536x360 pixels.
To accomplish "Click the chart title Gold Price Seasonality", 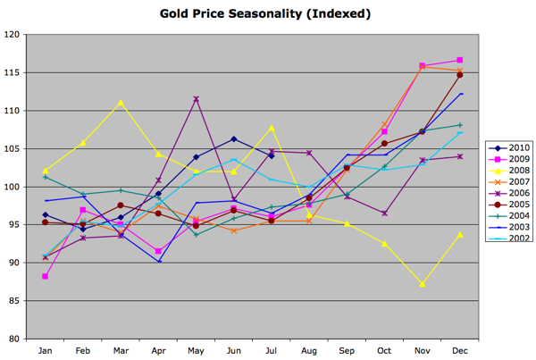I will (x=265, y=14).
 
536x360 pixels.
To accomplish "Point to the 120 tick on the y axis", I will (x=13, y=35).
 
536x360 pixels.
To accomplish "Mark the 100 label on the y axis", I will (x=13, y=187).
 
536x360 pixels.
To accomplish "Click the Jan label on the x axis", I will (x=45, y=351).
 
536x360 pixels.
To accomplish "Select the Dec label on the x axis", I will (x=460, y=351).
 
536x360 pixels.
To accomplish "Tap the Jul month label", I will (x=272, y=351).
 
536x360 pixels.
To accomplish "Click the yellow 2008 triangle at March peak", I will (x=121, y=103).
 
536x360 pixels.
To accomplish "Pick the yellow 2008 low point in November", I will (x=422, y=284).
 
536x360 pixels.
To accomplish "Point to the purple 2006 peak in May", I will (x=196, y=99).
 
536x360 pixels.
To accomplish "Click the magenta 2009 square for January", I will (x=46, y=276).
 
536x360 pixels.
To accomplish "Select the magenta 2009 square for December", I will (x=460, y=60).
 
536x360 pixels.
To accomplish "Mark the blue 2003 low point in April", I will (x=158, y=261).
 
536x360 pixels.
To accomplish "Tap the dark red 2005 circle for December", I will (x=460, y=75).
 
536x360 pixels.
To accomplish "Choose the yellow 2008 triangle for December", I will (x=460, y=234).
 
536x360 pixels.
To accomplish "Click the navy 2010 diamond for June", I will (x=233, y=139).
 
